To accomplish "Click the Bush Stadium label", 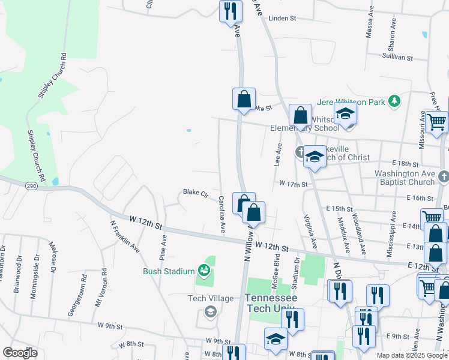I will pyautogui.click(x=169, y=271).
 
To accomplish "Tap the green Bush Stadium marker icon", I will pyautogui.click(x=205, y=271).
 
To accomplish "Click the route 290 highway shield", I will pyautogui.click(x=32, y=187).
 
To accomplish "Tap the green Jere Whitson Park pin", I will pyautogui.click(x=395, y=101).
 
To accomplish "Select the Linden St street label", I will pyautogui.click(x=282, y=19).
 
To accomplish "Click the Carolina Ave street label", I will pyautogui.click(x=221, y=214).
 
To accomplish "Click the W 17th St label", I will pyautogui.click(x=293, y=184).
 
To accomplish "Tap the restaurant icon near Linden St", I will pyautogui.click(x=231, y=11).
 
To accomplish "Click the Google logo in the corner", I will pyautogui.click(x=20, y=353).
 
